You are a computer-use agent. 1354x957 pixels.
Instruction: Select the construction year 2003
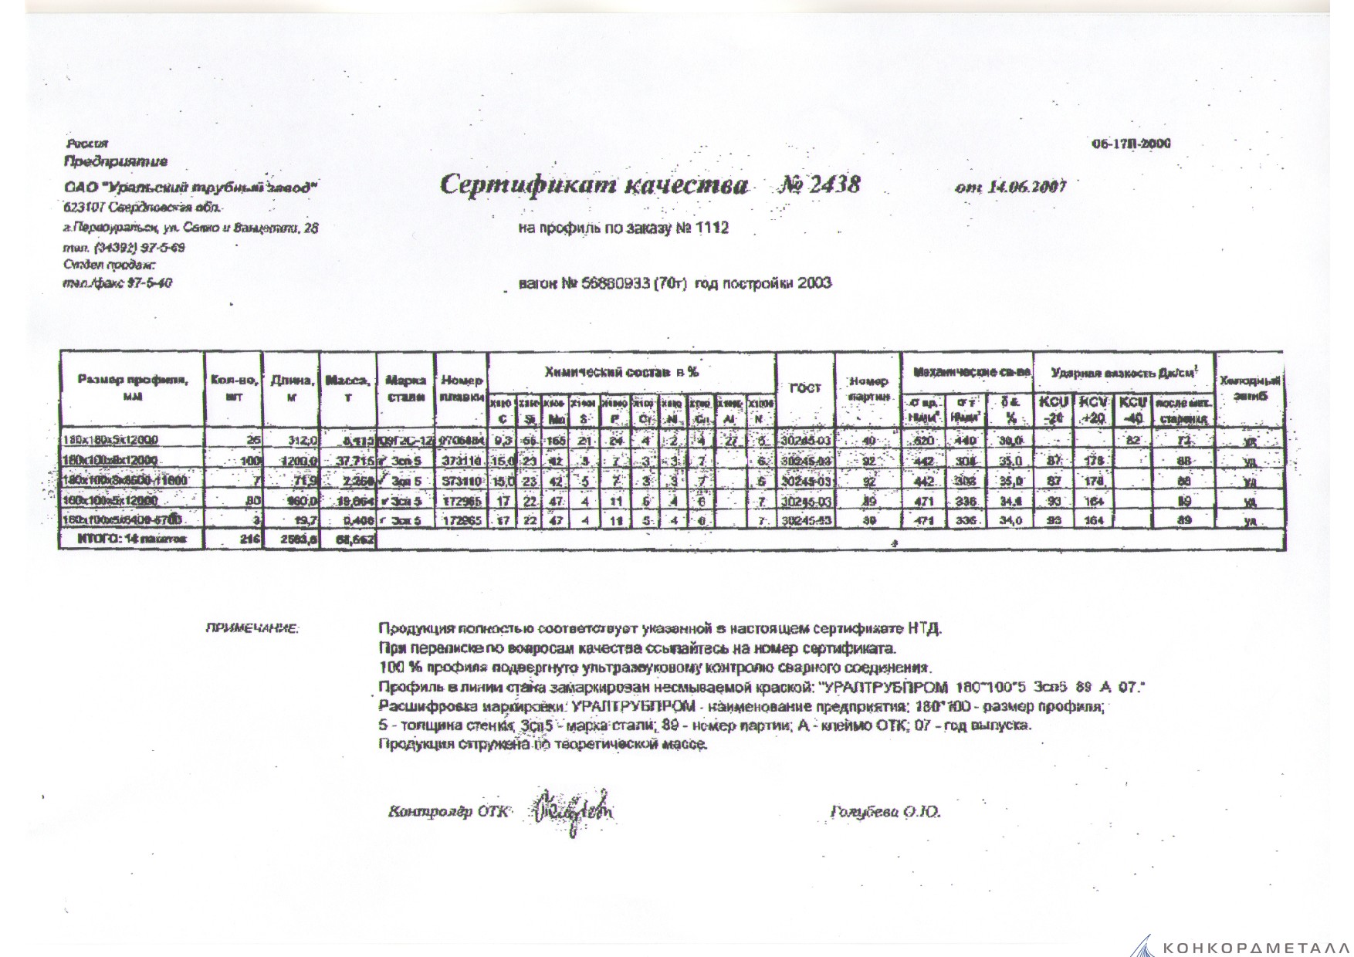(x=814, y=283)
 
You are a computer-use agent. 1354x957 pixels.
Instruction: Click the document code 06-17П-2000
(x=1131, y=144)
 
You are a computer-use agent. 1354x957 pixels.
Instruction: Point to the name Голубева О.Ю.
(x=885, y=812)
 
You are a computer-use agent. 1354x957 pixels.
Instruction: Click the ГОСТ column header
(x=804, y=388)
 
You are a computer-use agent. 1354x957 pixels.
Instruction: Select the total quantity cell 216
(x=249, y=540)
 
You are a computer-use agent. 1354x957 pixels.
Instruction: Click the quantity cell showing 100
(x=248, y=461)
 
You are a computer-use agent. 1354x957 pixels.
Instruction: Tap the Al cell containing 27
(x=731, y=441)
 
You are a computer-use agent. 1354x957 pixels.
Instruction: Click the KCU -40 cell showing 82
(x=1132, y=441)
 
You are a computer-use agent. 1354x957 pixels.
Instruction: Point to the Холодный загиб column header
(x=1250, y=388)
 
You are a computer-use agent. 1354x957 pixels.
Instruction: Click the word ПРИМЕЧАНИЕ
(x=251, y=629)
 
